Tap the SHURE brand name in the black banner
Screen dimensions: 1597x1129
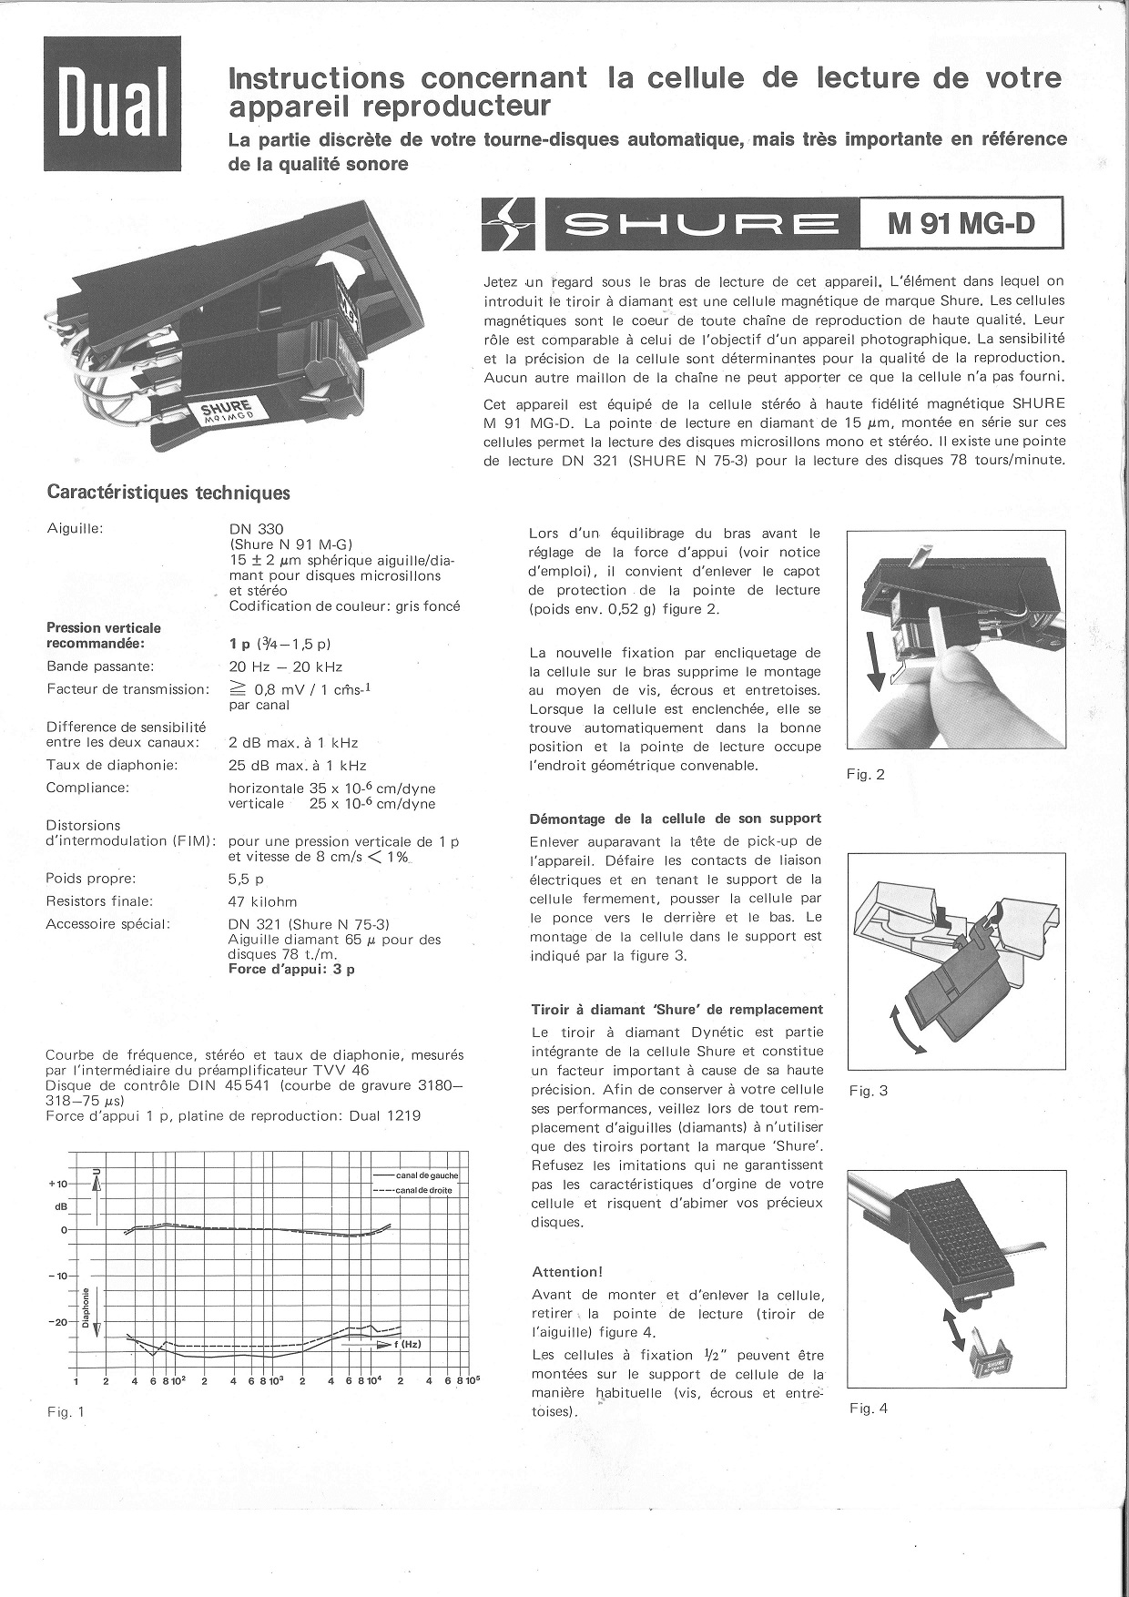tap(701, 225)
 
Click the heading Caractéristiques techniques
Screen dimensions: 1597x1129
tap(168, 493)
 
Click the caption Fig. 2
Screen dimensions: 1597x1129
tap(866, 775)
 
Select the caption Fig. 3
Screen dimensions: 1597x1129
tap(868, 1091)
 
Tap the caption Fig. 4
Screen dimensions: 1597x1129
tap(868, 1409)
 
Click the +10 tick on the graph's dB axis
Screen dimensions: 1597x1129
tap(57, 1184)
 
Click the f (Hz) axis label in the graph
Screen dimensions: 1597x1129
tap(405, 1344)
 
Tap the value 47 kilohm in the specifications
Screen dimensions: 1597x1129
tap(262, 901)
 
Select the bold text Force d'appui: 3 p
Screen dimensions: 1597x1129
tap(291, 970)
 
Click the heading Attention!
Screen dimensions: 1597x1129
tap(567, 1271)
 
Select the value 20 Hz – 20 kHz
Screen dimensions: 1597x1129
tap(285, 666)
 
